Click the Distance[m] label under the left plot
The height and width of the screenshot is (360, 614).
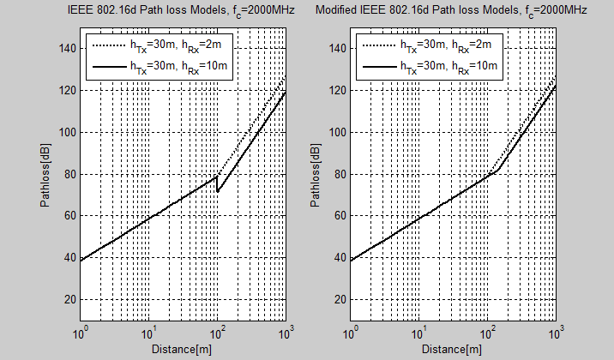tap(183, 349)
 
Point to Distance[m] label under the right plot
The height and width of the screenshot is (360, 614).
tap(453, 349)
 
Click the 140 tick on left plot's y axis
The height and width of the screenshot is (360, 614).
tap(67, 48)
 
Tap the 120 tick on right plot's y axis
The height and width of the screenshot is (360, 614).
tap(337, 90)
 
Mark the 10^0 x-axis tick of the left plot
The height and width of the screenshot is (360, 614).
tap(81, 332)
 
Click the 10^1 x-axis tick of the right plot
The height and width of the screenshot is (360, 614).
tap(419, 332)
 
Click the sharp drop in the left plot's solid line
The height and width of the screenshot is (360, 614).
tap(217, 183)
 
